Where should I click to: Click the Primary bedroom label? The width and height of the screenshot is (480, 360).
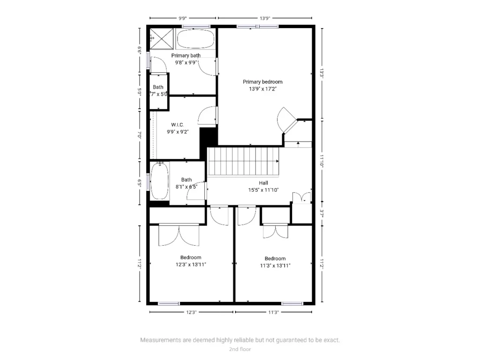(x=262, y=82)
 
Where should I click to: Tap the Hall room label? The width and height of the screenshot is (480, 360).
(x=263, y=183)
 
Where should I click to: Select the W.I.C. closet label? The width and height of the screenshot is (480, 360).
(x=177, y=125)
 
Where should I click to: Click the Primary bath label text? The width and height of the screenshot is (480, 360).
(x=186, y=55)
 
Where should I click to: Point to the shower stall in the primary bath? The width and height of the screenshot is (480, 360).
(x=161, y=38)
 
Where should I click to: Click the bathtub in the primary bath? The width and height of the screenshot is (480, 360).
(x=196, y=38)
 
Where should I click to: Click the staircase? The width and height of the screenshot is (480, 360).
(x=243, y=161)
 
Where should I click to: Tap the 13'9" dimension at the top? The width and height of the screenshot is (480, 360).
(x=265, y=18)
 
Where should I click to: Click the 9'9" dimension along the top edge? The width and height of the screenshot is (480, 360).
(x=183, y=18)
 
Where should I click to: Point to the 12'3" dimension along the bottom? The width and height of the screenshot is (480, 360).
(x=191, y=312)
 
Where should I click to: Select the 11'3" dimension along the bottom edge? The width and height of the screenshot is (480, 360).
(x=274, y=312)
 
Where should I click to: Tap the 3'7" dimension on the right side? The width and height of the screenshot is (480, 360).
(x=322, y=212)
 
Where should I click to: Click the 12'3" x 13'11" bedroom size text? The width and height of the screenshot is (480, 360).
(x=191, y=264)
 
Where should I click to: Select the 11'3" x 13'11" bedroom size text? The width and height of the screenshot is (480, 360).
(x=275, y=265)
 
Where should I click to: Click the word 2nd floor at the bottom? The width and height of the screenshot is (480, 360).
(x=240, y=349)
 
